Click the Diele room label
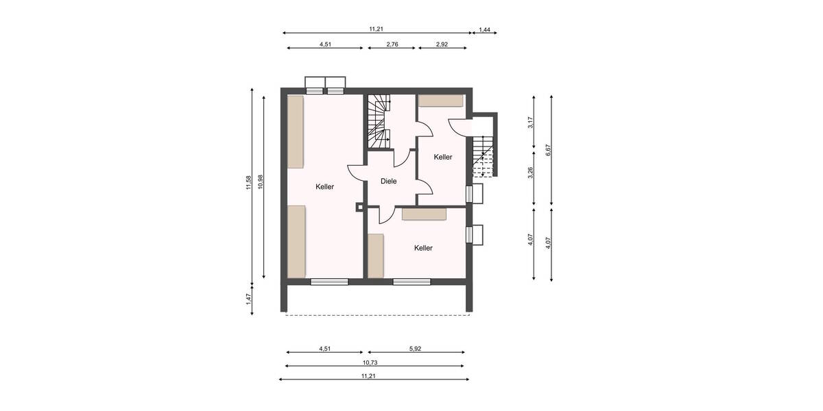point(389,182)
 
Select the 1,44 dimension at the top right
point(484,29)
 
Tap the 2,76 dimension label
point(392,44)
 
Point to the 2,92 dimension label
point(442,44)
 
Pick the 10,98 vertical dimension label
point(260,186)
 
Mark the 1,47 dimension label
point(248,299)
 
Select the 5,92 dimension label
point(416,349)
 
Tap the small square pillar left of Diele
point(359,206)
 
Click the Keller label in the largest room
point(325,187)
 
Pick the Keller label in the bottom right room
point(423,248)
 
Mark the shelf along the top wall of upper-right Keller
point(441,101)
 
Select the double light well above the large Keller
point(326,84)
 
